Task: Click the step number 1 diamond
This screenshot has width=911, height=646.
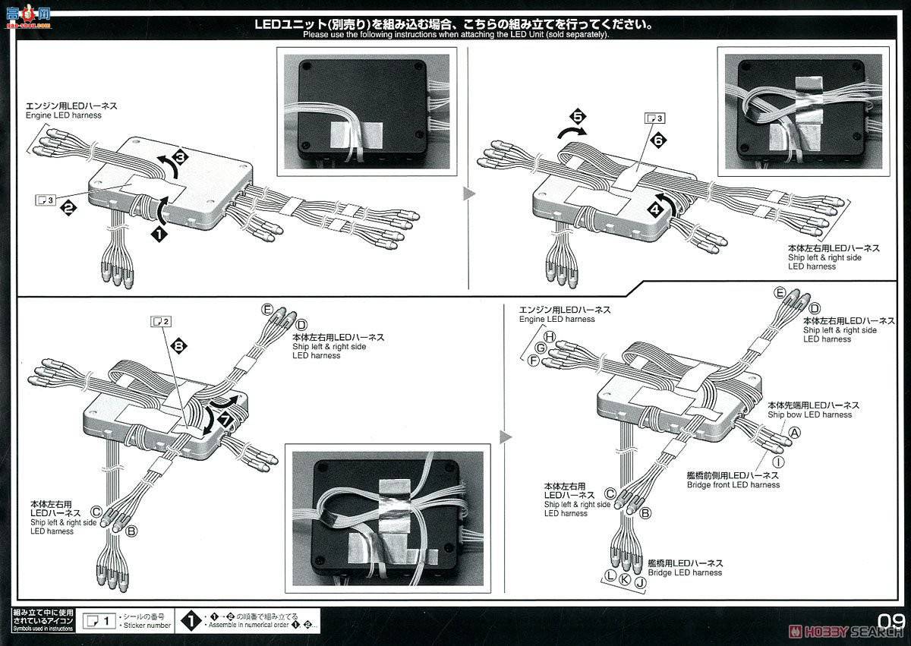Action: coord(159,235)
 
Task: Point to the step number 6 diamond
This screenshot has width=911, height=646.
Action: coord(658,140)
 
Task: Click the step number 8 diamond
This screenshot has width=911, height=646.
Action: coord(179,346)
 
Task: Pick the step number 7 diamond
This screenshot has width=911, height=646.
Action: coord(224,419)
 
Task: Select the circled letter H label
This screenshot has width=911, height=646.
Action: coord(550,336)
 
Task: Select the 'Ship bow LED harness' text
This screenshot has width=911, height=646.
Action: coord(809,414)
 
